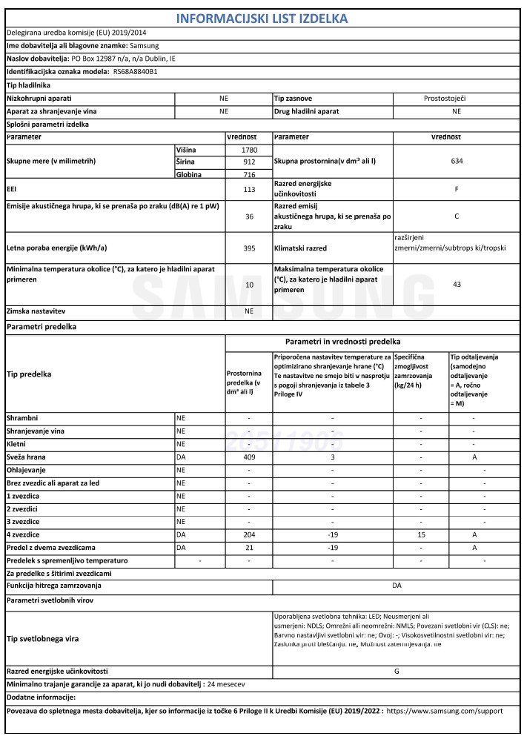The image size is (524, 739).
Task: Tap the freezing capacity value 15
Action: coord(420,534)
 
